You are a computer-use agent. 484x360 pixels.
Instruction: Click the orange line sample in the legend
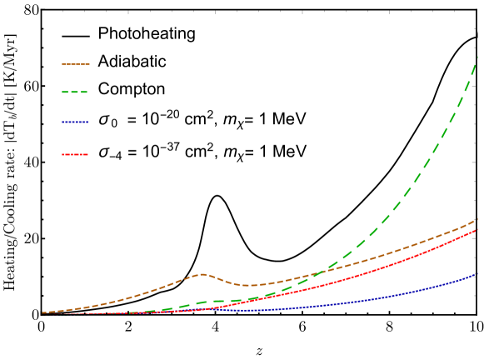76,64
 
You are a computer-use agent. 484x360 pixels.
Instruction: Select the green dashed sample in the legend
75,92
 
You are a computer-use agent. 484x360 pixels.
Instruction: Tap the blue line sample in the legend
75,122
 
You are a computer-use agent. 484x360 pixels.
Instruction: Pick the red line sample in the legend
75,154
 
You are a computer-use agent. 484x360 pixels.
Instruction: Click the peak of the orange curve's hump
201,273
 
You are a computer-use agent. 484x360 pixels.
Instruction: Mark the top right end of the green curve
477,57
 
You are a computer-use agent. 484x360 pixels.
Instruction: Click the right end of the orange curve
477,219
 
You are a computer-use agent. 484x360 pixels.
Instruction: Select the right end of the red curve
477,229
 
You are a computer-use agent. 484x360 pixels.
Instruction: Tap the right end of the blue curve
477,272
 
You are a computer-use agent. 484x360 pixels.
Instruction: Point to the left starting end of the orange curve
43,313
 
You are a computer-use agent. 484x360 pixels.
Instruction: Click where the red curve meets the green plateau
247,301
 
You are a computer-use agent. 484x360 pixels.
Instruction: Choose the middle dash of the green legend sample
75,92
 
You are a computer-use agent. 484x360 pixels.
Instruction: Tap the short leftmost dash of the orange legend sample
63,64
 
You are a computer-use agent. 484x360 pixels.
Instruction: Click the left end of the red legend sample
62,154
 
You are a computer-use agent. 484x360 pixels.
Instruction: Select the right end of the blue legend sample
87,122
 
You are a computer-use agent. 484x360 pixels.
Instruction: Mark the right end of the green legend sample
87,92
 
